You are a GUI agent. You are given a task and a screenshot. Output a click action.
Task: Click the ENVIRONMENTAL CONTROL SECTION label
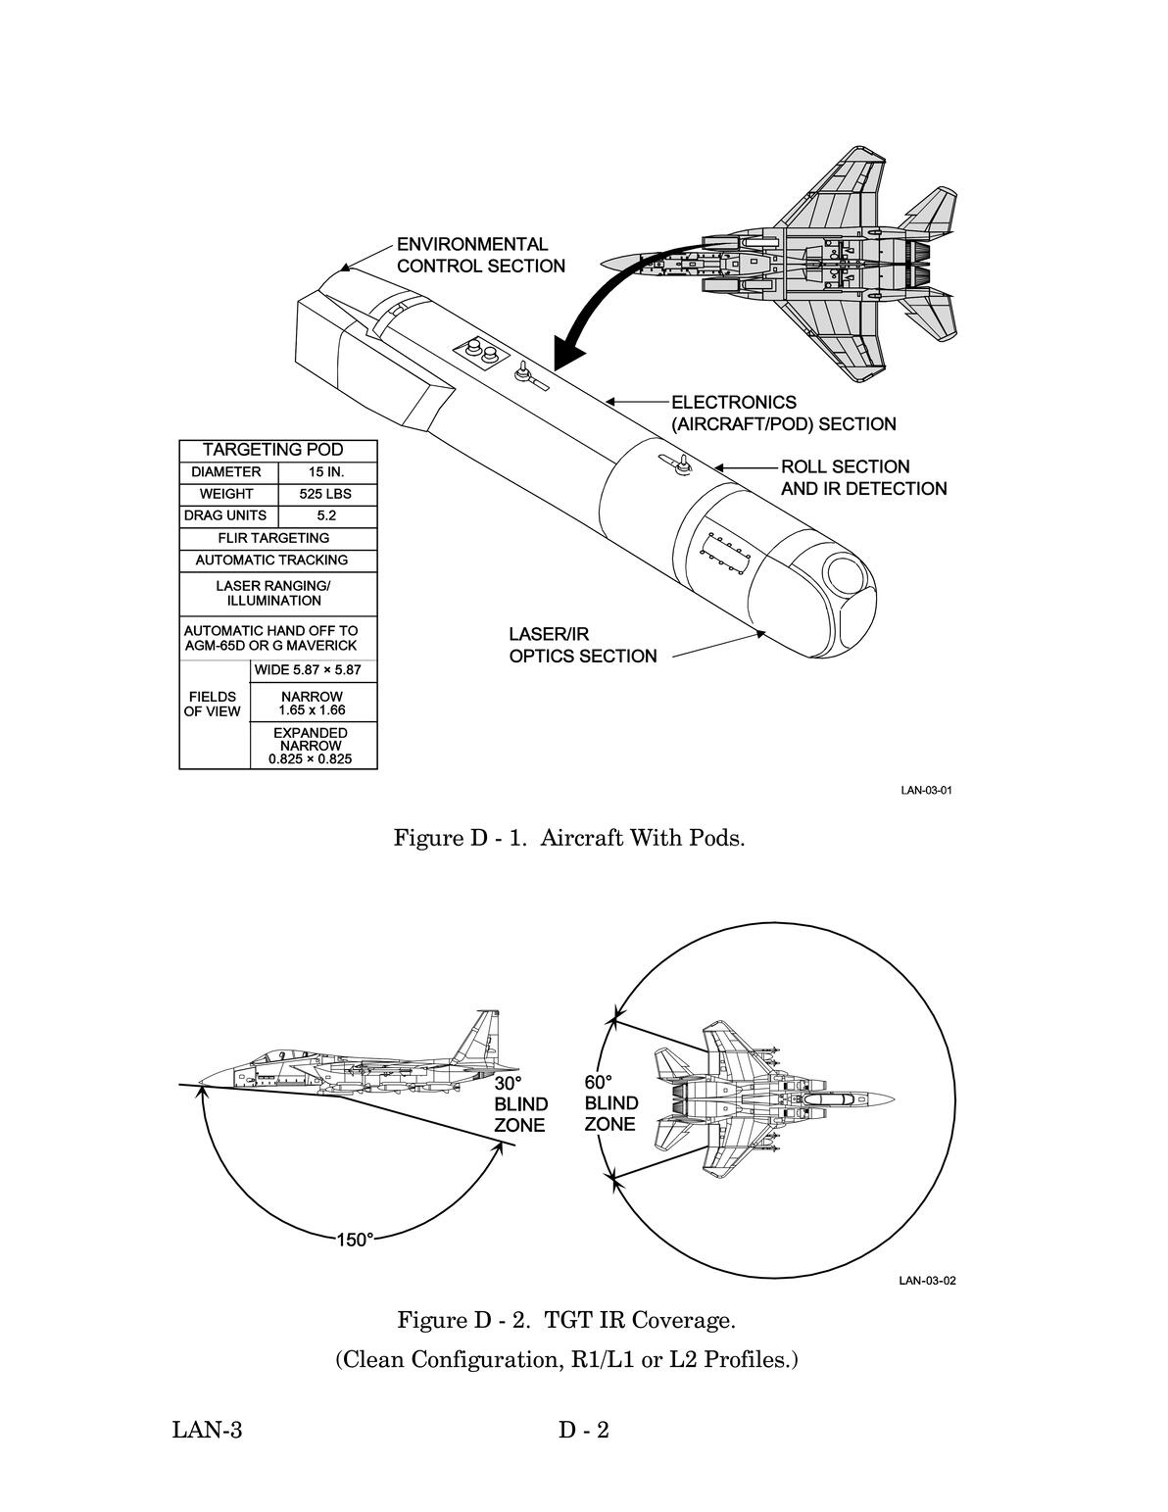[480, 255]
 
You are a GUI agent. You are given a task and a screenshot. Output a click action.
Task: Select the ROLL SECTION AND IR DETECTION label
[863, 477]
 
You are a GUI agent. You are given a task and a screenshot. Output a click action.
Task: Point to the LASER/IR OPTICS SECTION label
[582, 645]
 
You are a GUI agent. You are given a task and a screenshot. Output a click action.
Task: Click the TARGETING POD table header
[272, 450]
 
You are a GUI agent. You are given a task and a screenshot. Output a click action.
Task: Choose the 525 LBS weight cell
[325, 494]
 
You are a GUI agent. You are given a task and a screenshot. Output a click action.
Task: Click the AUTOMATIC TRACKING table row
[271, 561]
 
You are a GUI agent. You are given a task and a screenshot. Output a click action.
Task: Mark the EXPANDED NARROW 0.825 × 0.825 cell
[310, 746]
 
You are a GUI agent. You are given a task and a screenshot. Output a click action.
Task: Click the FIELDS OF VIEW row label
[212, 705]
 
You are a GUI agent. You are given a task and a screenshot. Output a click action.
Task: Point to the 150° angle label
[355, 1240]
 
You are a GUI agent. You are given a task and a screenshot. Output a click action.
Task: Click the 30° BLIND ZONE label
[519, 1104]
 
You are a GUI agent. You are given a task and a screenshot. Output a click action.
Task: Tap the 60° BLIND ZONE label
[611, 1103]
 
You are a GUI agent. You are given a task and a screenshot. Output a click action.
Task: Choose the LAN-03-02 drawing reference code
[926, 1281]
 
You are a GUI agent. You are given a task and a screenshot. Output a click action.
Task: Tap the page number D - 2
[584, 1431]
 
